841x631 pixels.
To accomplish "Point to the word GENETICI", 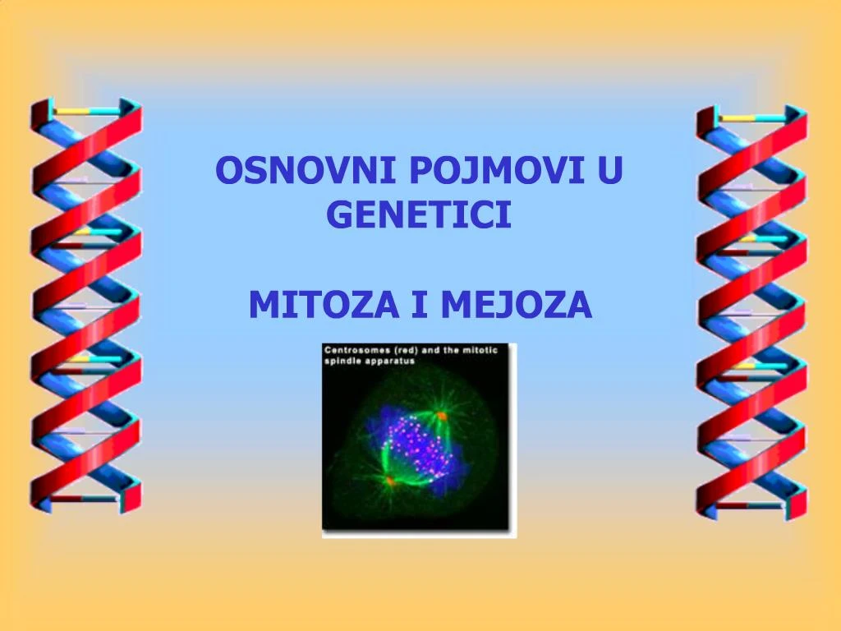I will click(x=419, y=214).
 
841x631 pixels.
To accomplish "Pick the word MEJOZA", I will click(x=516, y=306).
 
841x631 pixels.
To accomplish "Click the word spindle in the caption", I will click(x=345, y=361).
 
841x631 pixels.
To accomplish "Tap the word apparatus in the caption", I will click(x=392, y=361).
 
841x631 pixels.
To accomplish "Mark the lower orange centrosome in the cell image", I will click(x=390, y=480).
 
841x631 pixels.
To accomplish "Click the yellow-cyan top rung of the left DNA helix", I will click(x=86, y=110).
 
